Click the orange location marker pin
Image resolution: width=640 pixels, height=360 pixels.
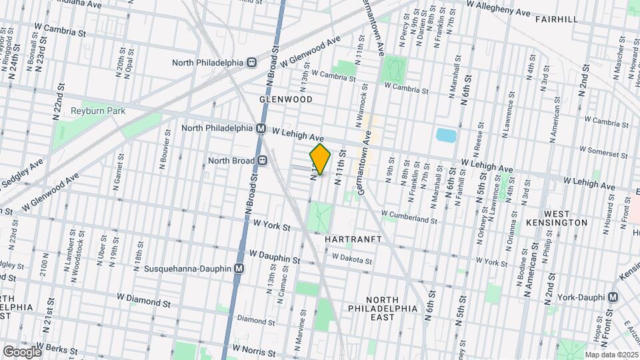pos(320,159)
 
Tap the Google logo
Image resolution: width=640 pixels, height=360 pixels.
pos(22,351)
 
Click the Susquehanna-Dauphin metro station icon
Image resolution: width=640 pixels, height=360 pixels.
pos(239,269)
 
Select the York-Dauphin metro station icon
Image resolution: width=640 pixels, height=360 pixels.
pos(613,297)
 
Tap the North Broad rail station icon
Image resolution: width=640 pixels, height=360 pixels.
pos(263,160)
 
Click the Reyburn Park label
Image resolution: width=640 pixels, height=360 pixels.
pos(97,110)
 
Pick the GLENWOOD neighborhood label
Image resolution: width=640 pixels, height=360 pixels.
pos(286,99)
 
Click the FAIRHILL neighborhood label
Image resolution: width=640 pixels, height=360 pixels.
pos(557,19)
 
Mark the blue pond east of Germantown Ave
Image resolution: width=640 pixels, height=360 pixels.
pos(445,135)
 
